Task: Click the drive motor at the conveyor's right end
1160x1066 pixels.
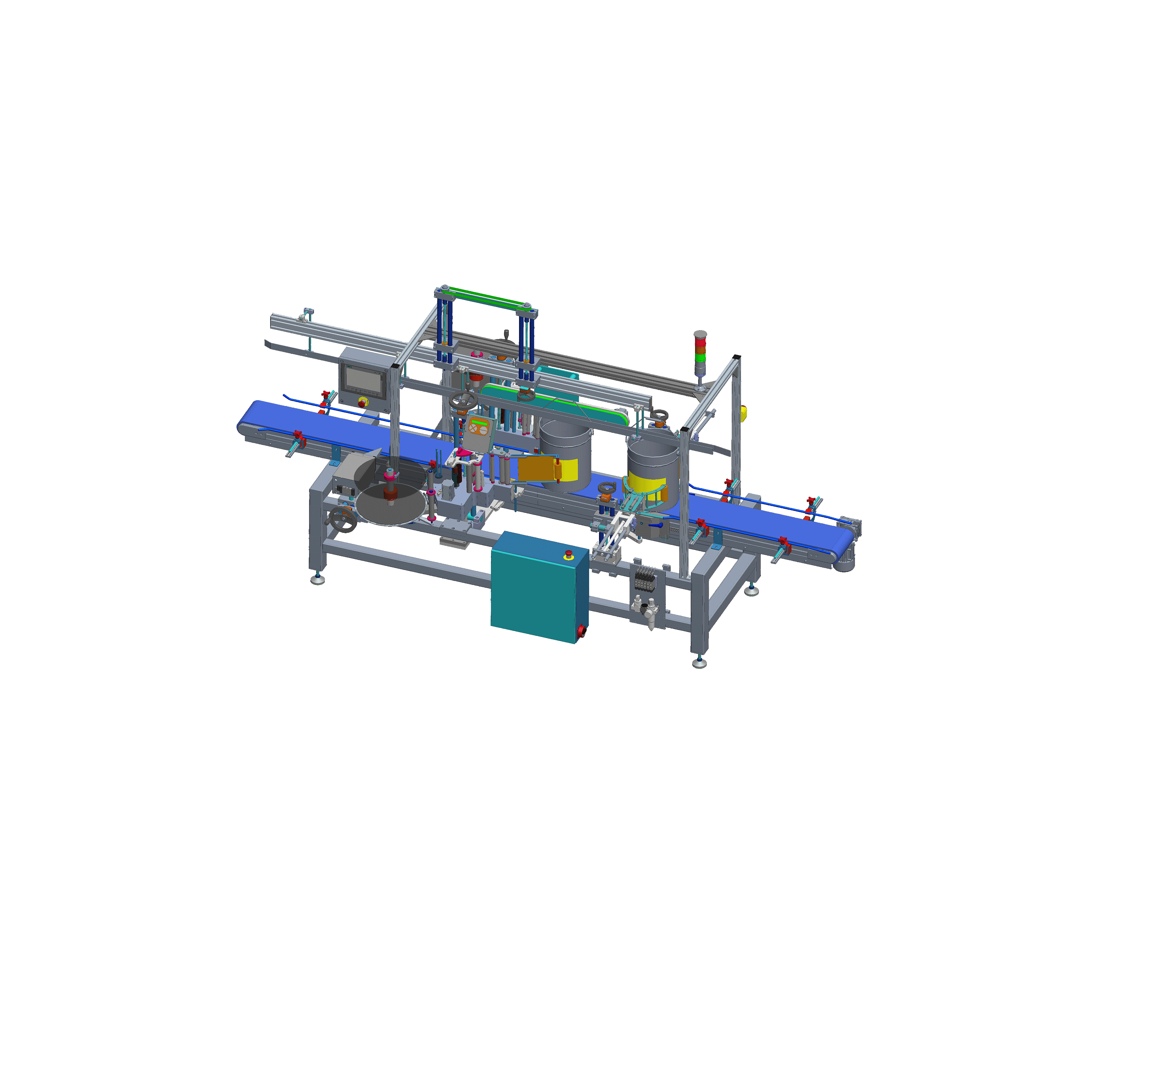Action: click(845, 560)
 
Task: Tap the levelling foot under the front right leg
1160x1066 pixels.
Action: click(699, 663)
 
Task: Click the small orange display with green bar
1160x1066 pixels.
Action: click(479, 427)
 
